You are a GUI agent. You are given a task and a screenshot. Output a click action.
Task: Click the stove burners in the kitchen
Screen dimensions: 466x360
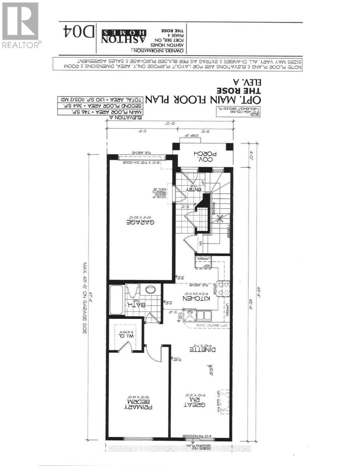(x=223, y=289)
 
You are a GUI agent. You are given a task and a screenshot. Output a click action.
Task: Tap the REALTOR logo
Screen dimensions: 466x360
(x=20, y=25)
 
